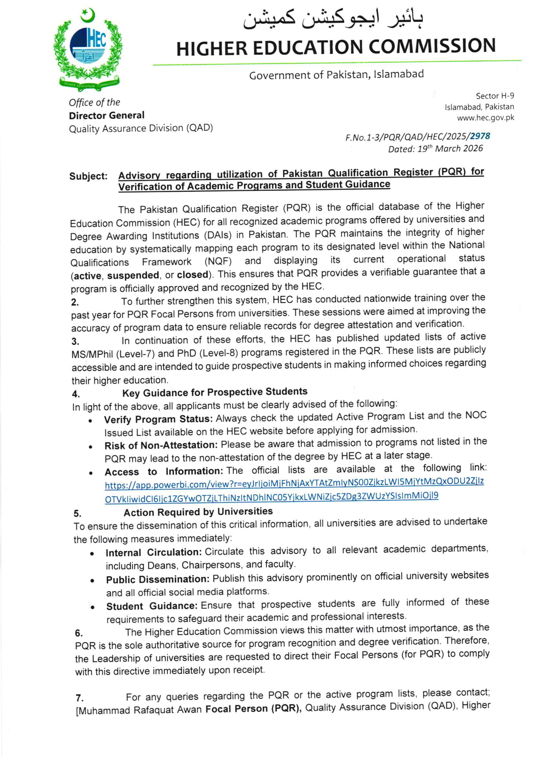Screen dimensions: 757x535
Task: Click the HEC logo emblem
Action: tap(88, 50)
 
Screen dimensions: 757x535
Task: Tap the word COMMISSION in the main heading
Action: tap(432, 46)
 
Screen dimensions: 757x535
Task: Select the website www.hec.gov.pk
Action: tap(485, 118)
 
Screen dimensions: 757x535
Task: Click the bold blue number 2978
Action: tap(480, 136)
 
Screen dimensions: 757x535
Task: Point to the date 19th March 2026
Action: tap(450, 149)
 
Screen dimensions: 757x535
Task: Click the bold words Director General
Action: tap(106, 115)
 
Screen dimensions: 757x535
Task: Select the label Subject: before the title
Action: tap(88, 176)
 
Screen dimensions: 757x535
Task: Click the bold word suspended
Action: tap(133, 275)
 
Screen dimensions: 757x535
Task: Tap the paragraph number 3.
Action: tap(75, 341)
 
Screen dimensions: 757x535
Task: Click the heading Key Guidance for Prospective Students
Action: tap(215, 392)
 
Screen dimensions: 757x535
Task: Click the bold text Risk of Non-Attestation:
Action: tap(161, 445)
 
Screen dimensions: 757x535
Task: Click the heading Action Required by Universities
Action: tap(198, 512)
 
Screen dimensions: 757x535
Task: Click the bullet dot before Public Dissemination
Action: tap(93, 580)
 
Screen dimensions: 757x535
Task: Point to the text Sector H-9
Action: tap(495, 96)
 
